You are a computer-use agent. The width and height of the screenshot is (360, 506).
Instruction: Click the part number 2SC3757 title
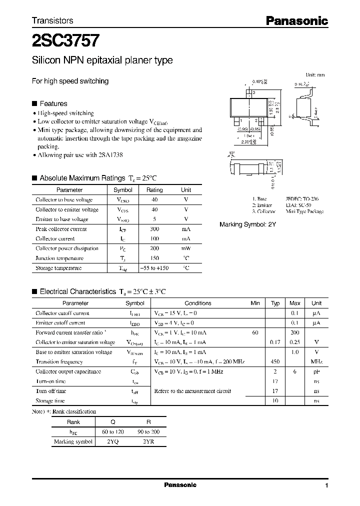click(x=65, y=39)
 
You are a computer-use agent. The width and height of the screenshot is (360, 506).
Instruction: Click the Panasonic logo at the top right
click(x=296, y=20)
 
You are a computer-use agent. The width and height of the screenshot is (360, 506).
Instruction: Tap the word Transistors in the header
click(x=52, y=20)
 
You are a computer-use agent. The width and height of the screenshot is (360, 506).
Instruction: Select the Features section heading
click(x=53, y=103)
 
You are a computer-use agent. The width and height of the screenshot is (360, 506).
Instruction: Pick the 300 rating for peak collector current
click(x=154, y=229)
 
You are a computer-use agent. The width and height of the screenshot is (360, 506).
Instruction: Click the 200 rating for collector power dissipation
click(x=154, y=248)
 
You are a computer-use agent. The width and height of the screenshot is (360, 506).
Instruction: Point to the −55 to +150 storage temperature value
click(x=154, y=268)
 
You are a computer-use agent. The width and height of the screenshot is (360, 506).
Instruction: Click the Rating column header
click(x=154, y=190)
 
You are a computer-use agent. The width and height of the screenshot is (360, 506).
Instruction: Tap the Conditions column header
click(x=198, y=303)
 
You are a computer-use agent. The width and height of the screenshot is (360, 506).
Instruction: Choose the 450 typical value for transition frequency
click(x=275, y=361)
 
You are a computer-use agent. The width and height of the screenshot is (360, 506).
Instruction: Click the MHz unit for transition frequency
click(x=316, y=361)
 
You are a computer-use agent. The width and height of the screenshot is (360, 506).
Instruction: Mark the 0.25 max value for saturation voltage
click(x=295, y=342)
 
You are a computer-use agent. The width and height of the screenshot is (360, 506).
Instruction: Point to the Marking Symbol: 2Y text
click(x=247, y=225)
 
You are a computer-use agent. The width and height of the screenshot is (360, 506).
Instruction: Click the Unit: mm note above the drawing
click(x=315, y=74)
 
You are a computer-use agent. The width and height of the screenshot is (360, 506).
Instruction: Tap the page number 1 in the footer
click(x=326, y=485)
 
